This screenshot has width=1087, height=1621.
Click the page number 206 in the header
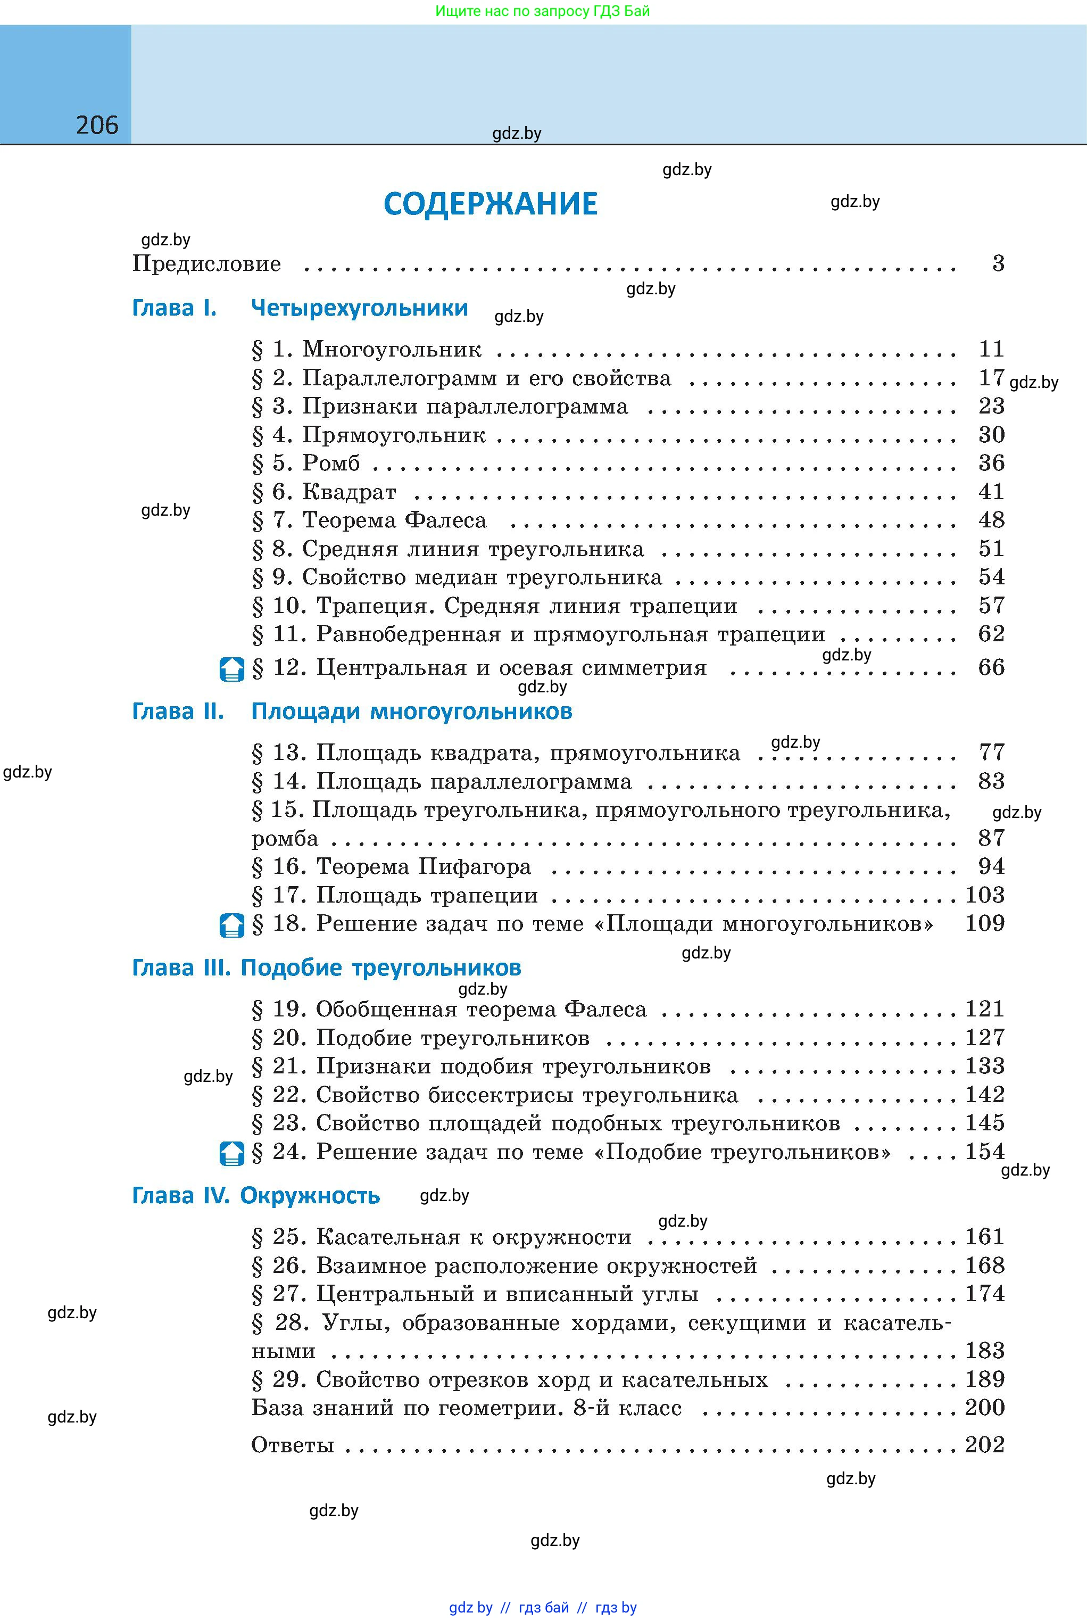tap(97, 126)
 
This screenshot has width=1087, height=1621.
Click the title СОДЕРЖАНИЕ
tap(490, 204)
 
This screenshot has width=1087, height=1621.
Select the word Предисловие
tap(206, 264)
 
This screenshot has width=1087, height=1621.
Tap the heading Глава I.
tap(174, 308)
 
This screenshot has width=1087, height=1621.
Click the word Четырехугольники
tap(359, 308)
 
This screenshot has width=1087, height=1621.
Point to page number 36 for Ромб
tap(991, 463)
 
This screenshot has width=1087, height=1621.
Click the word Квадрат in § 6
tap(350, 492)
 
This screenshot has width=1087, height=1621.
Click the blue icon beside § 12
tap(231, 669)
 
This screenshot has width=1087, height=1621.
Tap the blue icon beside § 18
tap(231, 925)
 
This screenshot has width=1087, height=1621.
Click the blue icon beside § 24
tap(231, 1153)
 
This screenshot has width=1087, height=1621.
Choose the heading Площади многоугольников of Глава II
tap(412, 712)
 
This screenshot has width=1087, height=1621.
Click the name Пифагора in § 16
tap(475, 867)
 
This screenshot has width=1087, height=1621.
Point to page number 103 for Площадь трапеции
tap(984, 895)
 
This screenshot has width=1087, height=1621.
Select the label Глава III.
tap(180, 968)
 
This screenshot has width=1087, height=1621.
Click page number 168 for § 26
tap(984, 1266)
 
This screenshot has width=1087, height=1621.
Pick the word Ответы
tap(293, 1445)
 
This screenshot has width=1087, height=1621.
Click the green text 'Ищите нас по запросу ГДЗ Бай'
tap(543, 11)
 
